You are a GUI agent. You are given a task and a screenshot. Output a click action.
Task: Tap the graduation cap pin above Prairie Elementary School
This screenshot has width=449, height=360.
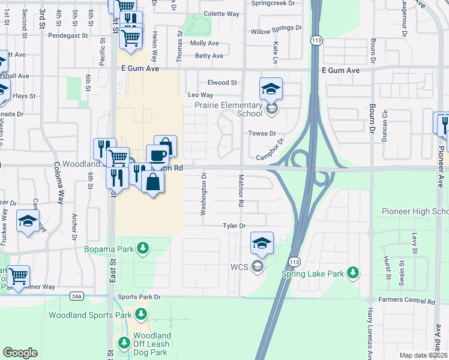click(x=271, y=89)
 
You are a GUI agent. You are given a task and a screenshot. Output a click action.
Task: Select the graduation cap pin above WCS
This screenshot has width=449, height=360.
click(x=262, y=243)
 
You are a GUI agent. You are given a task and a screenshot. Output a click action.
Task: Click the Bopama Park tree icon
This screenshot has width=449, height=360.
click(x=142, y=248)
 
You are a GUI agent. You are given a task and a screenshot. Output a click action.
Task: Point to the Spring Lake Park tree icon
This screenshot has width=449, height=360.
click(x=354, y=273)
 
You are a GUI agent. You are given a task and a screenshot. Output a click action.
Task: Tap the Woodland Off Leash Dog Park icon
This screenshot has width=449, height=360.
click(x=124, y=343)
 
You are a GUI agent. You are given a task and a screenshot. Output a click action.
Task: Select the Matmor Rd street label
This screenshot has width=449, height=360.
click(x=241, y=191)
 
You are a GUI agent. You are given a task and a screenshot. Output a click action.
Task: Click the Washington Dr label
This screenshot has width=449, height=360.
click(x=203, y=194)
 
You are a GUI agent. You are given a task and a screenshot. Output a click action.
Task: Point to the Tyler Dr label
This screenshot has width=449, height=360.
click(x=235, y=226)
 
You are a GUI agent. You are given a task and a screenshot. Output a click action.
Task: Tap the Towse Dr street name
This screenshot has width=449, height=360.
click(x=263, y=133)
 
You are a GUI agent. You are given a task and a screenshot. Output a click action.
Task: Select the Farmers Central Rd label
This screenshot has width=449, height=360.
click(x=406, y=300)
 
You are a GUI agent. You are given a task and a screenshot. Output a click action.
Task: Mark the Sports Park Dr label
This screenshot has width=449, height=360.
click(x=140, y=296)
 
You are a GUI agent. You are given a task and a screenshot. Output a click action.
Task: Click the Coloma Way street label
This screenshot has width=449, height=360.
click(x=58, y=183)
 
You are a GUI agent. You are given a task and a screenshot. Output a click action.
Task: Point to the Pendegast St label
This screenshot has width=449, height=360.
click(x=70, y=35)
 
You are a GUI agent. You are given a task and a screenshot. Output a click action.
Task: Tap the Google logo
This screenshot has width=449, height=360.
click(x=20, y=353)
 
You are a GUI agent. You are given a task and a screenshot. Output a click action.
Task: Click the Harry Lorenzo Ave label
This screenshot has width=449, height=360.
click(x=370, y=333)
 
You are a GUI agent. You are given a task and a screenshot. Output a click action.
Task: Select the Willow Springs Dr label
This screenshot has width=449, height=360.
click(x=276, y=28)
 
